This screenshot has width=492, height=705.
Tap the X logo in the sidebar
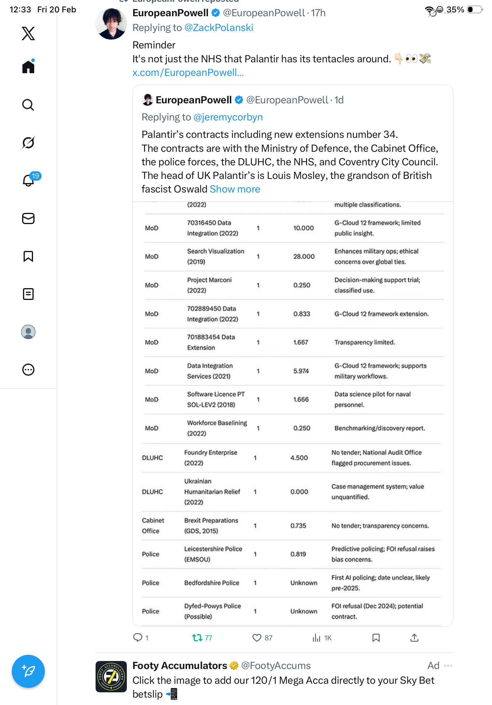(28, 33)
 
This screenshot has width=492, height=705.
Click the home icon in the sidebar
(28, 67)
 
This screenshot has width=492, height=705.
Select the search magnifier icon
(28, 105)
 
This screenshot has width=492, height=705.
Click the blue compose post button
(28, 671)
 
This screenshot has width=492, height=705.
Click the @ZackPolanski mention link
(219, 28)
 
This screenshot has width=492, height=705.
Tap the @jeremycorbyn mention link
(228, 117)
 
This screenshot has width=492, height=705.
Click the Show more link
(235, 189)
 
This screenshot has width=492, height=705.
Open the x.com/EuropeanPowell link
(188, 72)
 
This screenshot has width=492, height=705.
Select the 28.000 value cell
(304, 256)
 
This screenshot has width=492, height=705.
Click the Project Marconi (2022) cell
(209, 285)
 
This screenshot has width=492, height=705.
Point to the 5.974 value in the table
(301, 371)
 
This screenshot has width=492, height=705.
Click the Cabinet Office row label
(153, 526)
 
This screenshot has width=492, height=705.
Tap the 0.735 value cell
(298, 526)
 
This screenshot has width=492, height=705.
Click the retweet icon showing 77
(197, 638)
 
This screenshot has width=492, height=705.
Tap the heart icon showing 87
(257, 638)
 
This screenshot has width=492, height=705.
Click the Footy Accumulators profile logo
(111, 677)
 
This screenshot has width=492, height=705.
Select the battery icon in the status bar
(474, 10)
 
